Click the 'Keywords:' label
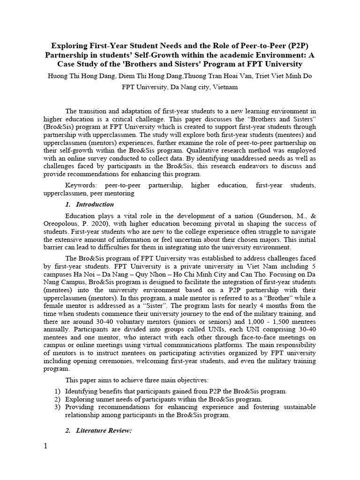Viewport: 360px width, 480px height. (x=81, y=186)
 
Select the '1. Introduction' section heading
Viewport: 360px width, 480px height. (x=89, y=204)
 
